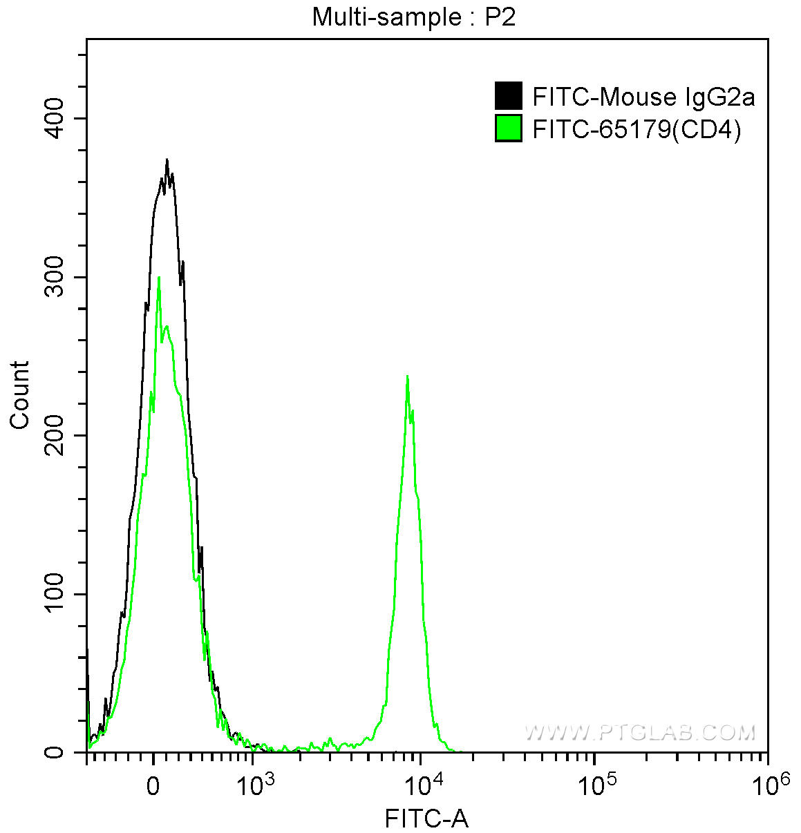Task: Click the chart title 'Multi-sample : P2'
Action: (x=413, y=17)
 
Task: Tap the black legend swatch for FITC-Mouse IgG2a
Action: (x=508, y=96)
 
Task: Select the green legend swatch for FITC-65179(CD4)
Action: (x=508, y=128)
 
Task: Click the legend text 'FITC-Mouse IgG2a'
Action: (x=643, y=97)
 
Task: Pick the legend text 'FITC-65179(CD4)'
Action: (x=637, y=129)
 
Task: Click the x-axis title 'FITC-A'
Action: (x=426, y=819)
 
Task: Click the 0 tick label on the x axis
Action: (x=153, y=785)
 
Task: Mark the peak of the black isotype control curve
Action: (x=167, y=160)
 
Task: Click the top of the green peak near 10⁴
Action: (x=407, y=376)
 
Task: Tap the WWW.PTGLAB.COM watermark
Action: (x=639, y=732)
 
